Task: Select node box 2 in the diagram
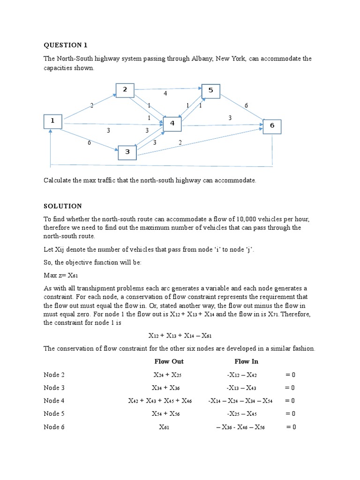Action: point(125,90)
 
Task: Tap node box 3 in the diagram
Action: point(127,152)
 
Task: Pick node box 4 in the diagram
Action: point(172,124)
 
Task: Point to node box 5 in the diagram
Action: point(210,91)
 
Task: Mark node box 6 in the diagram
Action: point(272,127)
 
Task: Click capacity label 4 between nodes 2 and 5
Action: point(165,94)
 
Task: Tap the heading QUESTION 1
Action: point(66,45)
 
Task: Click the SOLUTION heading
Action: point(63,206)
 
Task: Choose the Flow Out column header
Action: point(169,361)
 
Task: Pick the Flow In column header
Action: point(246,361)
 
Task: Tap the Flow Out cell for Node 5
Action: point(165,414)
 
